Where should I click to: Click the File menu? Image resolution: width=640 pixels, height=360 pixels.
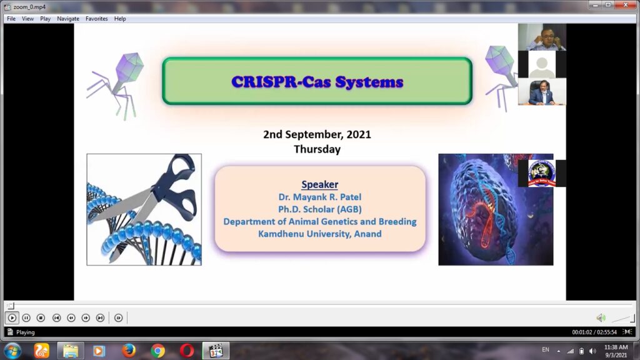[x=11, y=19]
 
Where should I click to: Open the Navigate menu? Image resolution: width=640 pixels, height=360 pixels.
[x=67, y=19]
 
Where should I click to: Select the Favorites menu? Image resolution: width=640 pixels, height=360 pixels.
[x=96, y=19]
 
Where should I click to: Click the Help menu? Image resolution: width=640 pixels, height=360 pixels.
[x=120, y=19]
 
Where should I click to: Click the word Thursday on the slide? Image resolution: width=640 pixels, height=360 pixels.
[x=317, y=149]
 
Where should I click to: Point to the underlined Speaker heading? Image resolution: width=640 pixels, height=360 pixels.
[x=319, y=184]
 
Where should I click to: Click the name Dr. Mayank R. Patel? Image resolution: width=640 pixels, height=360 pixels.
[x=319, y=197]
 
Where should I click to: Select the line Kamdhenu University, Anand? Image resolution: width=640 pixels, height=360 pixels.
[x=319, y=234]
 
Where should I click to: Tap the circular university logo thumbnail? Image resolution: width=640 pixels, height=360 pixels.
[x=542, y=173]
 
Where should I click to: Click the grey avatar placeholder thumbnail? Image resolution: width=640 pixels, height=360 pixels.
[x=542, y=65]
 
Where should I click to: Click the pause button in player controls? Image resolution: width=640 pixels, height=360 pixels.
[x=26, y=317]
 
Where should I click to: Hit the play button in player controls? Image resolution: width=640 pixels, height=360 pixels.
[x=12, y=317]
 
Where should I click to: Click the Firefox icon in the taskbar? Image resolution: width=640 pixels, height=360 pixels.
[x=129, y=351]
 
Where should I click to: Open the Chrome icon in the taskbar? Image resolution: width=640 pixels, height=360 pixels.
[x=157, y=351]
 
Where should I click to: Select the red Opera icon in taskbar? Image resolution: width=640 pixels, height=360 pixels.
[x=186, y=351]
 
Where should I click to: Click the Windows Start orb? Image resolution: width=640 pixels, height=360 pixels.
[x=12, y=351]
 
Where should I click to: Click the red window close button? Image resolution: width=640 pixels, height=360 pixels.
[x=626, y=5]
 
